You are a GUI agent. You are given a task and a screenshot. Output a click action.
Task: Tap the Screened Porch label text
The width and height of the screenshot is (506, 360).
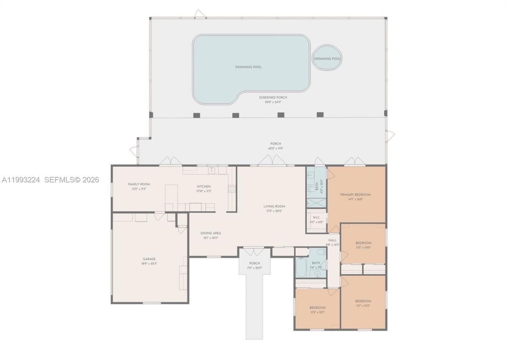[x=273, y=97]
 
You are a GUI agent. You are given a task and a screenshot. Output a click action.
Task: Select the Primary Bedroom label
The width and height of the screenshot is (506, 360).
[x=355, y=195]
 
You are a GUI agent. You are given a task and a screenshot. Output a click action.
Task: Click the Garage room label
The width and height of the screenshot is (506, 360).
[x=149, y=259]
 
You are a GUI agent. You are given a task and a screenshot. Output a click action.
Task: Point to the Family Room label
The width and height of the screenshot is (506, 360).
[x=139, y=184]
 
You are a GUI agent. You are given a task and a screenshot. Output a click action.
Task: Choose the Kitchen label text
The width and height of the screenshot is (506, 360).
[x=204, y=186]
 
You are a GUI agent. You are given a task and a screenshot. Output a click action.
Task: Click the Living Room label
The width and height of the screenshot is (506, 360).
[x=274, y=207]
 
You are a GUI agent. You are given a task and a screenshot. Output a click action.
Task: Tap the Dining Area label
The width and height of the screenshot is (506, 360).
[x=211, y=233]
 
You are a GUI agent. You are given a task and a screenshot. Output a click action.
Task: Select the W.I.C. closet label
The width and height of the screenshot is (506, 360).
[x=316, y=218]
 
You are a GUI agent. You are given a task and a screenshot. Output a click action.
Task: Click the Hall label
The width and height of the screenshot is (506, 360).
[x=332, y=240]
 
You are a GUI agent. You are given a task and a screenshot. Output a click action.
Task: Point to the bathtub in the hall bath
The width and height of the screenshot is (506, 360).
[x=300, y=267]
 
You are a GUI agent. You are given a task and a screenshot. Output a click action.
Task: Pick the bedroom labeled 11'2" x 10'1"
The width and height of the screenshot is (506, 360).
[x=317, y=308]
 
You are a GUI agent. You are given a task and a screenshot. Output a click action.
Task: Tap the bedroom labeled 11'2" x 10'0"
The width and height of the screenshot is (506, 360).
[x=363, y=243]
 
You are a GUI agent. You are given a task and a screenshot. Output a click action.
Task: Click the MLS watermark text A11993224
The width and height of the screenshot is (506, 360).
[x=21, y=180]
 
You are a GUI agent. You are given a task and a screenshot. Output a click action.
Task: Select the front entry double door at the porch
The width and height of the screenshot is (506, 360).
[x=253, y=251]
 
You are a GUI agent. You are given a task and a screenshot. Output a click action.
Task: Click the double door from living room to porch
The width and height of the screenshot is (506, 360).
[x=272, y=160]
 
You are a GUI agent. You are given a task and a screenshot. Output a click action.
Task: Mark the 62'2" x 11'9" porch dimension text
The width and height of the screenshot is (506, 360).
[x=276, y=149]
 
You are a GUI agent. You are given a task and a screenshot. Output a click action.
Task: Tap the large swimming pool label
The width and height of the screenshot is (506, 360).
[x=248, y=67]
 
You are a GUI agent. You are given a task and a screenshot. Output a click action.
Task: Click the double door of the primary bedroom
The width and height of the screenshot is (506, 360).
[x=355, y=161]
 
